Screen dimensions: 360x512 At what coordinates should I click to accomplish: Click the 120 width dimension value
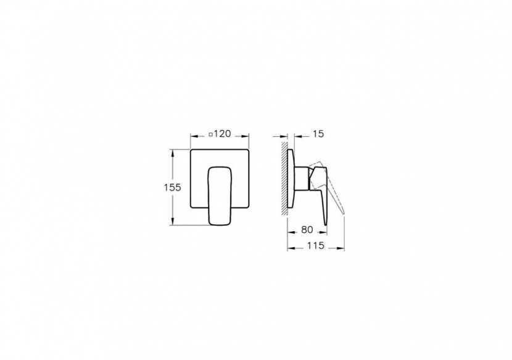[x=223, y=133]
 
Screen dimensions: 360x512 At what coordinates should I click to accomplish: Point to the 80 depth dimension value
[x=307, y=230]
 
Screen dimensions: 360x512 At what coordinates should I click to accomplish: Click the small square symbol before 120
[x=212, y=134]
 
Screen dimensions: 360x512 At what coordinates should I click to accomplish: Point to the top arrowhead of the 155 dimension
[x=175, y=151]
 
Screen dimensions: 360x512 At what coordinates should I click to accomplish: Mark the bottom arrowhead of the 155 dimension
[x=175, y=225]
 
